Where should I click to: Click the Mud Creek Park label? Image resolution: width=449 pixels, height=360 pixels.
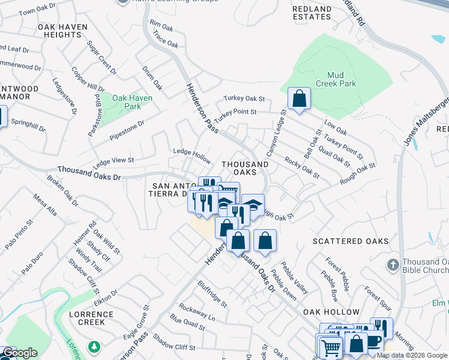(x=336, y=79)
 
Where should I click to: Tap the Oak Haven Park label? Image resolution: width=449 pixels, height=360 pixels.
(x=132, y=102)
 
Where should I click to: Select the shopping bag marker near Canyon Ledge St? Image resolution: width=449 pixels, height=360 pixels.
(x=299, y=98)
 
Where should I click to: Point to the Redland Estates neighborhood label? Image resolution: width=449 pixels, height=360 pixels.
(x=312, y=13)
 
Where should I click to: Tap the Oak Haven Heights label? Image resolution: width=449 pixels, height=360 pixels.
(x=62, y=31)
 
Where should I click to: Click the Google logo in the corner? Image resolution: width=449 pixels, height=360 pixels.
(x=20, y=353)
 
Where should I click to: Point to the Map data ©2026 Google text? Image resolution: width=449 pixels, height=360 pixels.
(x=412, y=355)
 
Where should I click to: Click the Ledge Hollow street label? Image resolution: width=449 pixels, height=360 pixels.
(x=192, y=155)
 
